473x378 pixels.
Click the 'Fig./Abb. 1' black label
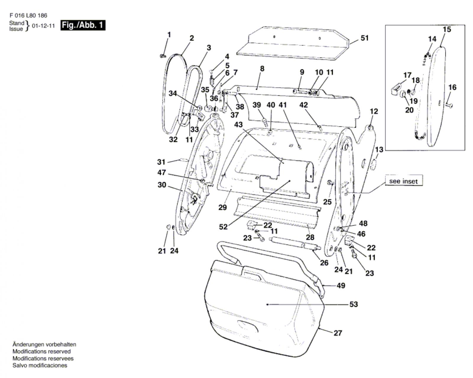(x=83, y=25)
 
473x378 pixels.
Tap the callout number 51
(x=365, y=38)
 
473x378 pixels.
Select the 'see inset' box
(x=404, y=181)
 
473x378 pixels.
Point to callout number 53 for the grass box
(x=354, y=304)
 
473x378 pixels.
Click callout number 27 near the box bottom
(x=338, y=333)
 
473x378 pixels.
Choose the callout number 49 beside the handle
(x=341, y=286)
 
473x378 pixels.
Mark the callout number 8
(x=262, y=69)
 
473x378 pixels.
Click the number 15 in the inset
(x=447, y=29)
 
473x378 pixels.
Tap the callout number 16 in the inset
(x=452, y=87)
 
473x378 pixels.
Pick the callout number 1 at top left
(x=169, y=35)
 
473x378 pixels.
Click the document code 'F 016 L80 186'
(x=28, y=15)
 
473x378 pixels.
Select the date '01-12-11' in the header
(x=43, y=26)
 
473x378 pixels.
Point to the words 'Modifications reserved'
(x=41, y=351)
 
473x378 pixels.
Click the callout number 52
(x=223, y=227)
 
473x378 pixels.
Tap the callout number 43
(x=238, y=125)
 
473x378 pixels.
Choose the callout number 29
(x=223, y=207)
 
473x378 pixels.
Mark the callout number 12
(x=374, y=111)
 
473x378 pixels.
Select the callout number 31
(x=161, y=162)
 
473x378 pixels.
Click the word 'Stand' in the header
(x=17, y=23)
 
